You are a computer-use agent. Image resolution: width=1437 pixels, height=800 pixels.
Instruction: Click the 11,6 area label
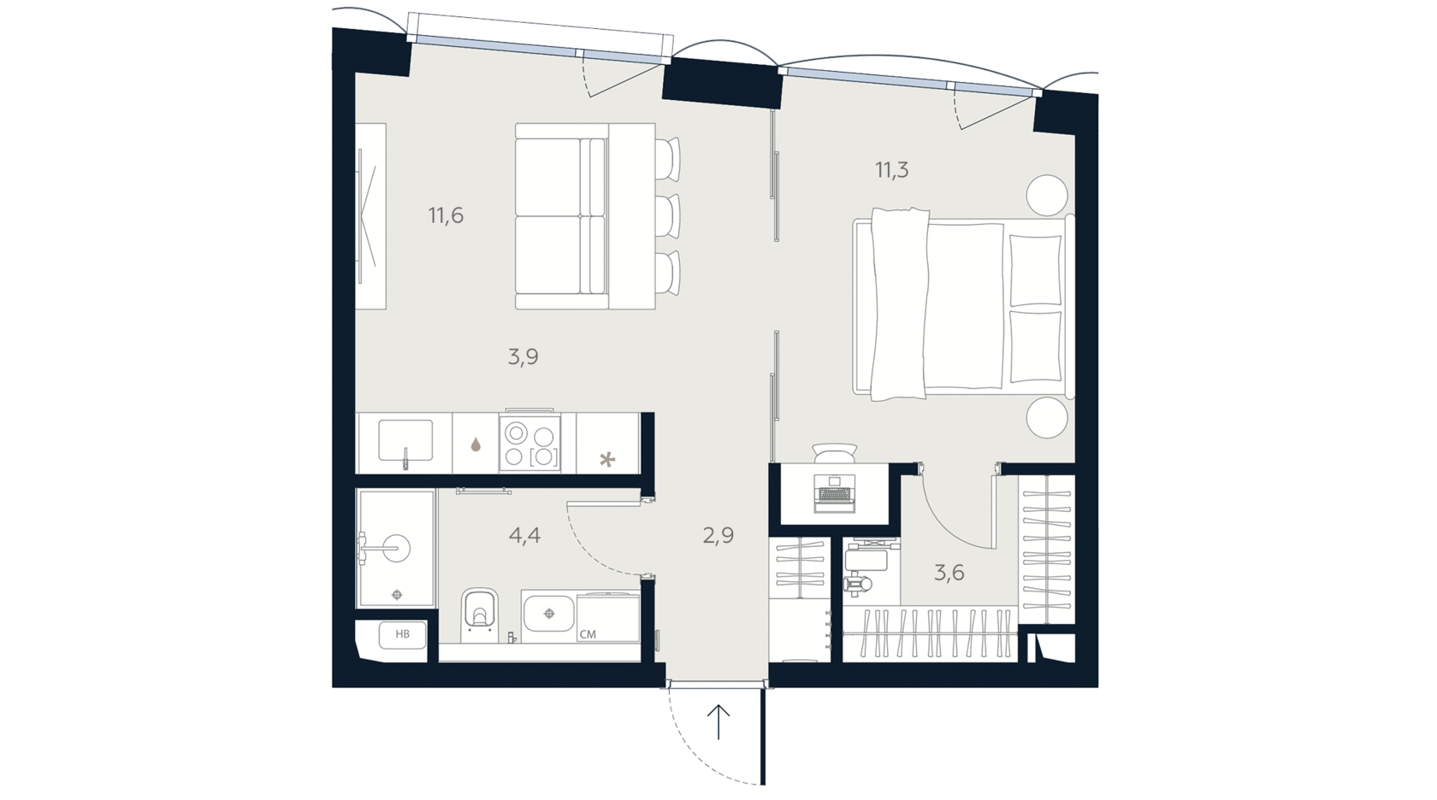(446, 216)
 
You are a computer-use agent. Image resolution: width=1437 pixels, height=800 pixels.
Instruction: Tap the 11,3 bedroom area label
(891, 171)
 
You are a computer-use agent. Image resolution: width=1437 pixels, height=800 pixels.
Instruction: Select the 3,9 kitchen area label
(523, 357)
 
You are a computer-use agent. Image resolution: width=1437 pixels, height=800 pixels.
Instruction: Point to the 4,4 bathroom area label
(524, 535)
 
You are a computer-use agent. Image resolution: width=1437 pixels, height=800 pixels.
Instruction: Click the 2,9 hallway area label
(718, 535)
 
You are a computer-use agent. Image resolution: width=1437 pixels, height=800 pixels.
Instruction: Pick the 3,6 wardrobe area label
(949, 573)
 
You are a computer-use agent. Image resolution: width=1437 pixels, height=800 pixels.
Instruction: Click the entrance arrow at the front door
(718, 721)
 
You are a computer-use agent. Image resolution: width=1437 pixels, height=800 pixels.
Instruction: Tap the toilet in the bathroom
(479, 615)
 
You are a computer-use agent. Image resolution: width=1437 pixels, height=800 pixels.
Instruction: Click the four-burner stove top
(530, 443)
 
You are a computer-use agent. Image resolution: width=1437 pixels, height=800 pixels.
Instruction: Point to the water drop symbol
(476, 444)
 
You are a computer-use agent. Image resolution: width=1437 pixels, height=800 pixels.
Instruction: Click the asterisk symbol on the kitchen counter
(607, 460)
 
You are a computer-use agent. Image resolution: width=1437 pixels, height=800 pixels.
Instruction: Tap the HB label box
(402, 634)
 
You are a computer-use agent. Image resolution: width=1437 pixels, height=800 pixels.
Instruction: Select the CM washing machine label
(588, 634)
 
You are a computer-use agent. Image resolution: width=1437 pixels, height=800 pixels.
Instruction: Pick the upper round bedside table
(1046, 195)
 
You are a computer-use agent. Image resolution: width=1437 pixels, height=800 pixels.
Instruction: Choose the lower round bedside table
(1046, 417)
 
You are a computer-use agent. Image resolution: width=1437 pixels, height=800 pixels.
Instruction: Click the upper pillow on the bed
(1035, 270)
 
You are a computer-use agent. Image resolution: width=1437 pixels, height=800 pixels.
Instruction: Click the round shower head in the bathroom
(396, 546)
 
